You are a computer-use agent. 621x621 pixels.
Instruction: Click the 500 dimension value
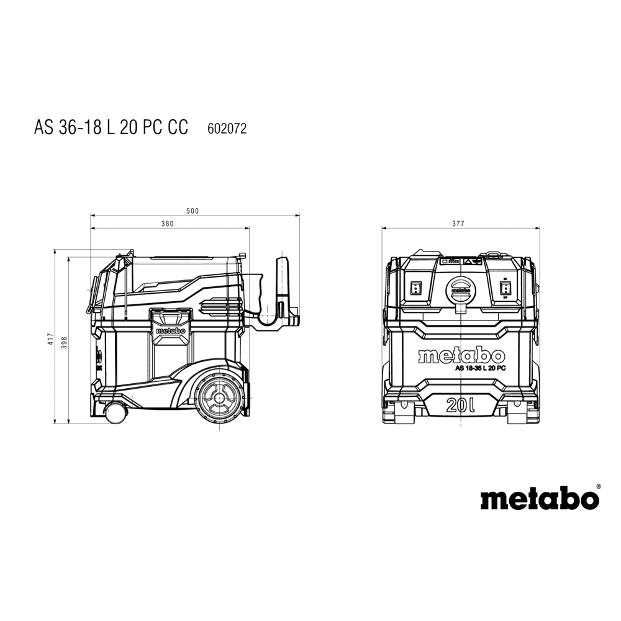pyautogui.click(x=193, y=211)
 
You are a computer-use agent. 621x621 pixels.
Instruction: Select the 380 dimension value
pyautogui.click(x=168, y=224)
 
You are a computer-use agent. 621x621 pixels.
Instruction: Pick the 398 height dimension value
pyautogui.click(x=65, y=342)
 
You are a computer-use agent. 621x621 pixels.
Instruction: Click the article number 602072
pyautogui.click(x=227, y=129)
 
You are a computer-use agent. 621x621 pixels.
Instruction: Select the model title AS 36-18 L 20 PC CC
pyautogui.click(x=111, y=127)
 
